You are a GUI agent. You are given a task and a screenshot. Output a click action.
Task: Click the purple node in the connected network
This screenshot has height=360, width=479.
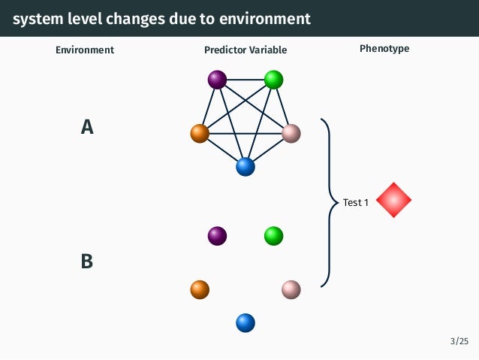click(x=217, y=79)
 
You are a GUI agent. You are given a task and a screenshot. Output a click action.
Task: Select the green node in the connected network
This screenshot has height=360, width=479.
click(x=273, y=79)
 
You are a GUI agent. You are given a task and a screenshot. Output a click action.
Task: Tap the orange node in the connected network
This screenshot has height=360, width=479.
click(x=200, y=134)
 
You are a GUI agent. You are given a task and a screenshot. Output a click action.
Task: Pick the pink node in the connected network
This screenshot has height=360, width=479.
click(x=291, y=134)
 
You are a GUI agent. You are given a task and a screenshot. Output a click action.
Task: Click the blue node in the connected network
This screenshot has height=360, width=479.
click(x=246, y=167)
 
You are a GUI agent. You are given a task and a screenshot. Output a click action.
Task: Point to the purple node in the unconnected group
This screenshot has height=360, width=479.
click(x=217, y=236)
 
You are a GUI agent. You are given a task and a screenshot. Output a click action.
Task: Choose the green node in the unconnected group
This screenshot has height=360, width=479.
click(x=273, y=236)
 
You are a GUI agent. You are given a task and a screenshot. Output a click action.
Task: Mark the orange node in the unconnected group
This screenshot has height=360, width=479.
click(x=200, y=289)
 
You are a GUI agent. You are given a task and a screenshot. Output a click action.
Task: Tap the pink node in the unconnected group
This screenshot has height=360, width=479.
click(x=291, y=289)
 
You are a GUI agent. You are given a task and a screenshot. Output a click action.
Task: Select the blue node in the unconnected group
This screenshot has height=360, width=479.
click(x=246, y=322)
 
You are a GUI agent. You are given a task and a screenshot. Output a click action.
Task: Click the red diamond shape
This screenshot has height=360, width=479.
click(x=394, y=201)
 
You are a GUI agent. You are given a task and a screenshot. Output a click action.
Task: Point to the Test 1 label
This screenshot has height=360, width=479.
click(x=356, y=202)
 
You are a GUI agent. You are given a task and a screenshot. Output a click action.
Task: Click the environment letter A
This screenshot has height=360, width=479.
click(x=87, y=128)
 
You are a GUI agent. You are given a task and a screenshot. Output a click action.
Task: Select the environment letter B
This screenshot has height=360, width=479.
click(x=87, y=262)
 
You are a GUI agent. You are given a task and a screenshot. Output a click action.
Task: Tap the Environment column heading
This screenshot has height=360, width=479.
click(x=85, y=50)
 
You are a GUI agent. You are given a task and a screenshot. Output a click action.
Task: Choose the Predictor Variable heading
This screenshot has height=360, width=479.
click(x=246, y=50)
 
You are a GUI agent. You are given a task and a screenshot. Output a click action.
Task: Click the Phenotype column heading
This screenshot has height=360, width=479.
click(x=384, y=49)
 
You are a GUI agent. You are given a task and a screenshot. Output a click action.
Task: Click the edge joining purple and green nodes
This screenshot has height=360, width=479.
click(x=246, y=79)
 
